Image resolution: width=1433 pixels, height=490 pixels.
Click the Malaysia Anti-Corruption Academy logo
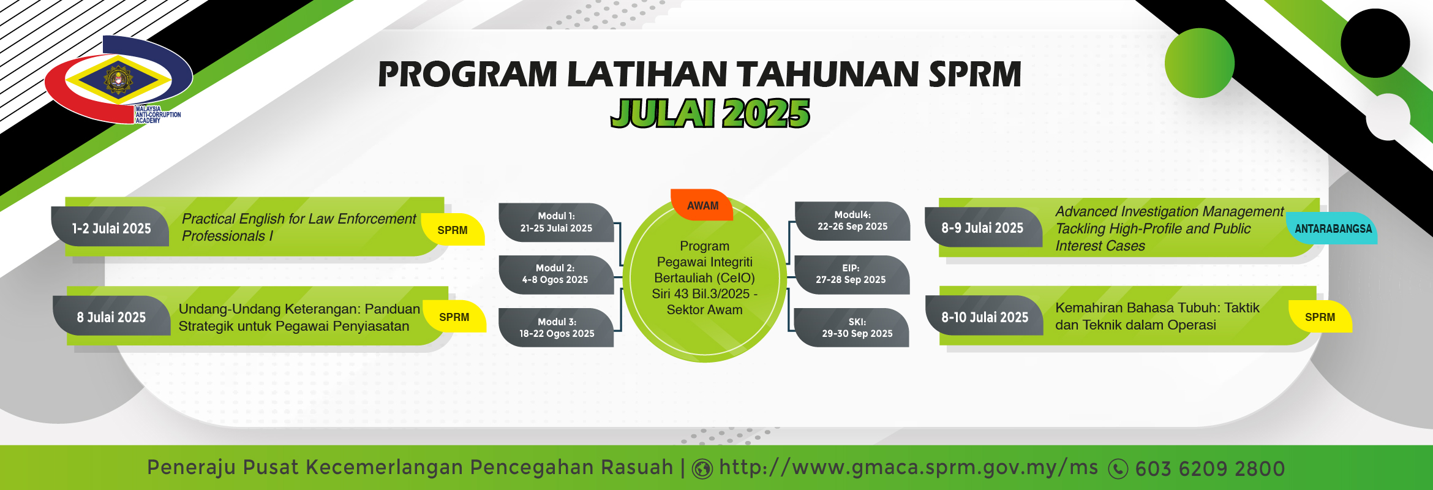118,80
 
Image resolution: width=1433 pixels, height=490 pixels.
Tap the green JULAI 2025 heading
710,113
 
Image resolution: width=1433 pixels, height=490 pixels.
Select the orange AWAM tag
702,205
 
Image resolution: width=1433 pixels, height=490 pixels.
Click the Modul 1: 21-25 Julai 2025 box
556,222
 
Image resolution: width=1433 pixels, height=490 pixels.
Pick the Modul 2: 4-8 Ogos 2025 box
555,274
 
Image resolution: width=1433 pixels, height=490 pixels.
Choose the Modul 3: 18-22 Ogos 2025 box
556,328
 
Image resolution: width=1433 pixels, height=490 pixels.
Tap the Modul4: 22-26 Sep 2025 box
852,221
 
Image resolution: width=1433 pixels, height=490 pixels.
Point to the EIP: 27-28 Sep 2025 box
851,274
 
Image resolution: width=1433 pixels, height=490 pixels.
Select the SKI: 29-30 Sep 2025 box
851,328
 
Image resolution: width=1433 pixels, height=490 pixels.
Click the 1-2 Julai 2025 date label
111,228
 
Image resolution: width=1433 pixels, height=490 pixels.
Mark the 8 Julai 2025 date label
111,317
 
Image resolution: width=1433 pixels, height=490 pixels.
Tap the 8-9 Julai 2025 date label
983,228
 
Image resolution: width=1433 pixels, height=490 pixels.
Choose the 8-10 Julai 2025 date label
984,317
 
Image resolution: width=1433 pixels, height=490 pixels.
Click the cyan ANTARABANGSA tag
1333,228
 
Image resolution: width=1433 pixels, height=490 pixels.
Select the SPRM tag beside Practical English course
453,230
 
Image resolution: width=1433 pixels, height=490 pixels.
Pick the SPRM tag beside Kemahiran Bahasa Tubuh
1320,317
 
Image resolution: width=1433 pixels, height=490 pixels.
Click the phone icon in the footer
1118,469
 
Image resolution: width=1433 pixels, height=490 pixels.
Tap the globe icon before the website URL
702,469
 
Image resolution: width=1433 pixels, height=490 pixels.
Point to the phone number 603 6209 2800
1210,469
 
